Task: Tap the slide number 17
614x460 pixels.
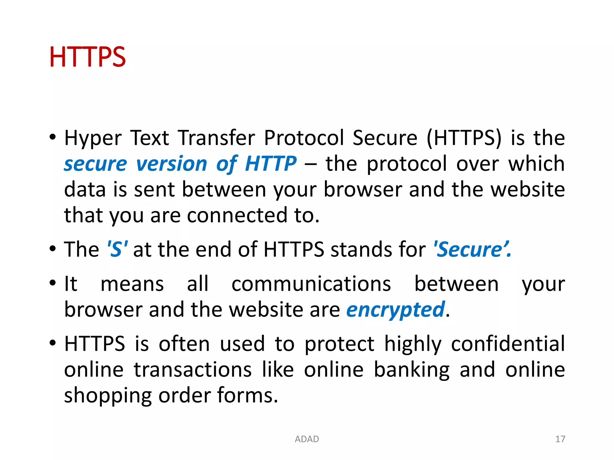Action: pos(560,439)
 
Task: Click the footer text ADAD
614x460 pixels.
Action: pos(307,439)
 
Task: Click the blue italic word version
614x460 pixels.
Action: pos(171,164)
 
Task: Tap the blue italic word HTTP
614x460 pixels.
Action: pos(271,164)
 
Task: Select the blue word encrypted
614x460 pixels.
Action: pos(395,310)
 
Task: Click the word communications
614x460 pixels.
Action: pos(311,284)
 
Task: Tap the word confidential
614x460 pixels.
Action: pos(508,344)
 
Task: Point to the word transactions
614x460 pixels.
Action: pos(192,370)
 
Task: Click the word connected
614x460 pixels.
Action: pos(237,215)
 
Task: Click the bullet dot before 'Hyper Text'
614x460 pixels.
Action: pos(53,137)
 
